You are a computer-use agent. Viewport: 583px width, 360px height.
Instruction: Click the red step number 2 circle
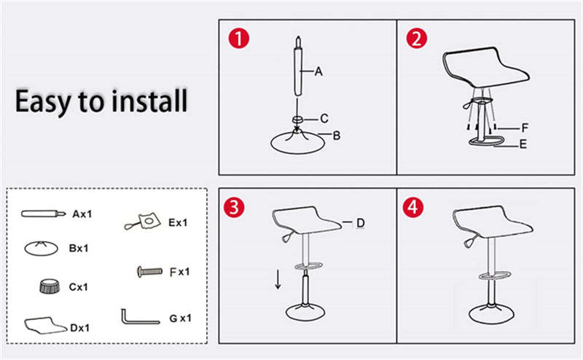[416, 39]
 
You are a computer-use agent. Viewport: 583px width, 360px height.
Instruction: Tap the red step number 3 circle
[234, 206]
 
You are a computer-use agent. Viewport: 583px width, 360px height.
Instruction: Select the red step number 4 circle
[414, 206]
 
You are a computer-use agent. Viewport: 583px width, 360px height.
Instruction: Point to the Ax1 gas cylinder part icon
[44, 214]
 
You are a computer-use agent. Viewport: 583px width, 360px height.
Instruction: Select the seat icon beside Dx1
[45, 324]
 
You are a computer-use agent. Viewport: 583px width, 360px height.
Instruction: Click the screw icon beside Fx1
[149, 271]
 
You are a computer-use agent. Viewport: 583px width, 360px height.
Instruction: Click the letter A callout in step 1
[318, 71]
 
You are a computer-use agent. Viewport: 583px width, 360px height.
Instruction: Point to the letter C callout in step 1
[325, 119]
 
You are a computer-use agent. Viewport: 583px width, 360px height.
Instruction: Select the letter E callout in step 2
[523, 145]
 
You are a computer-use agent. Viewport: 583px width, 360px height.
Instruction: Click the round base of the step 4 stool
[494, 314]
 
